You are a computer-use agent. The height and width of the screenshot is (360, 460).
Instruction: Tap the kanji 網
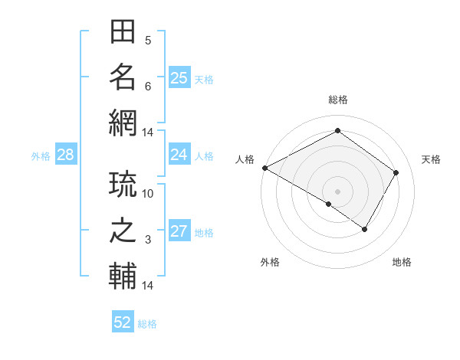(123, 122)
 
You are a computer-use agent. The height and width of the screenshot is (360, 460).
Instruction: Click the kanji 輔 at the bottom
(123, 275)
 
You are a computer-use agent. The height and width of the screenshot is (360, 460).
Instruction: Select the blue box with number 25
(179, 78)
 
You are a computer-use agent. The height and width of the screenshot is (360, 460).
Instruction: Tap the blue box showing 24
(179, 155)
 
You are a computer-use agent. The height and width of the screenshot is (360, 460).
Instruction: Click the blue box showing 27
(179, 231)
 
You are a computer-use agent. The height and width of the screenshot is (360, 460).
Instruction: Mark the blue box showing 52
(123, 322)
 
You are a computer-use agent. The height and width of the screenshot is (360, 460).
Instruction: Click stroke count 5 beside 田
(148, 41)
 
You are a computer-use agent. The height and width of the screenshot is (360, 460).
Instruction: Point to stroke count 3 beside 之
(148, 240)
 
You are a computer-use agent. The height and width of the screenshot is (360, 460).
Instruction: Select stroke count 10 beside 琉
(148, 194)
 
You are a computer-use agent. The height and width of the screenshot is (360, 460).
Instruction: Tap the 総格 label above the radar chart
(338, 100)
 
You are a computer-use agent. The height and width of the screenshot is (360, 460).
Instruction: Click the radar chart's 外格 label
(270, 262)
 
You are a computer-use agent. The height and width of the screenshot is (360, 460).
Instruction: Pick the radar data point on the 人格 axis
(264, 167)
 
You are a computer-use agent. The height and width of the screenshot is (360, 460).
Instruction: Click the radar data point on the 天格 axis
(396, 172)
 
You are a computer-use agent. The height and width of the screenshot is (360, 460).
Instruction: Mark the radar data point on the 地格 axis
(365, 229)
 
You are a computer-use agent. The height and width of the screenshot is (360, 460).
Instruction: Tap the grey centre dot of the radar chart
(337, 191)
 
